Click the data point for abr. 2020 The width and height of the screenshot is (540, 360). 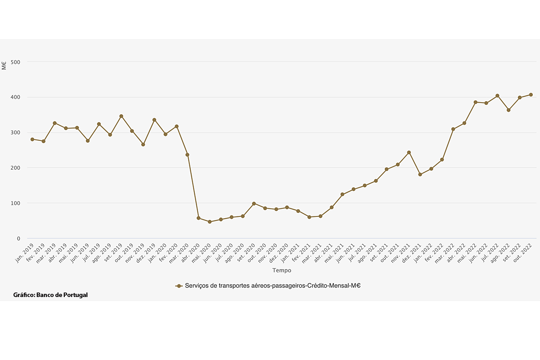(x=198, y=218)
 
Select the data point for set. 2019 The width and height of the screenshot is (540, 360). (x=121, y=116)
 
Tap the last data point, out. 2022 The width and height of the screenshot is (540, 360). (x=531, y=94)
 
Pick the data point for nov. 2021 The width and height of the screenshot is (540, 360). (x=409, y=153)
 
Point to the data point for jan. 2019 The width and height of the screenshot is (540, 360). (x=32, y=139)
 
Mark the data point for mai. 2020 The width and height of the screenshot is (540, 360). (x=210, y=222)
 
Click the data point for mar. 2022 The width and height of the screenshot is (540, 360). (x=453, y=129)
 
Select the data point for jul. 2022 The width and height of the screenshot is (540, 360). (x=497, y=96)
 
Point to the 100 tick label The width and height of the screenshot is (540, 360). (x=16, y=203)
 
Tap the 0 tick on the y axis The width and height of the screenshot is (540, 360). (x=19, y=238)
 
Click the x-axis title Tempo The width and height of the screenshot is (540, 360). (x=282, y=270)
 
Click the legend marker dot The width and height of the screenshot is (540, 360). (x=179, y=286)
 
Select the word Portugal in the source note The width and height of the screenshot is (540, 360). (x=75, y=295)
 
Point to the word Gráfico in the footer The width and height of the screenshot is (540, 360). (x=24, y=295)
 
